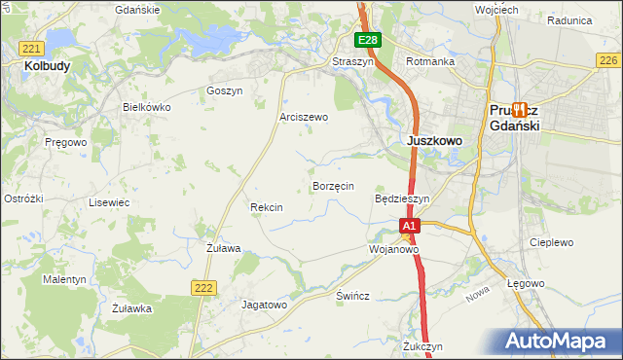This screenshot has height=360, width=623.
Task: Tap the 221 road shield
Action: click(x=31, y=49)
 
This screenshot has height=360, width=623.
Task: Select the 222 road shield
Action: click(x=202, y=286)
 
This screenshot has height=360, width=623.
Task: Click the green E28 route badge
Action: click(x=367, y=40)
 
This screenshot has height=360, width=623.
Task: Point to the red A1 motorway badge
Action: click(x=410, y=226)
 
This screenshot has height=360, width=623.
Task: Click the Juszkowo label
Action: click(x=433, y=140)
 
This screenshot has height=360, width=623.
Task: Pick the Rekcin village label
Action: click(x=266, y=207)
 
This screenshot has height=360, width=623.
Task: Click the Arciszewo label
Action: click(x=304, y=117)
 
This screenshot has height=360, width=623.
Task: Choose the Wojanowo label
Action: click(x=393, y=249)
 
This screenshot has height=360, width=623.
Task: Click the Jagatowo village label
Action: click(x=264, y=305)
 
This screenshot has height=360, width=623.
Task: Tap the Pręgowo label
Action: click(x=66, y=142)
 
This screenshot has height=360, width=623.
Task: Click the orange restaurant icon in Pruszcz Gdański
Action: click(x=520, y=110)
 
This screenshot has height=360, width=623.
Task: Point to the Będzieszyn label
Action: click(x=402, y=198)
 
